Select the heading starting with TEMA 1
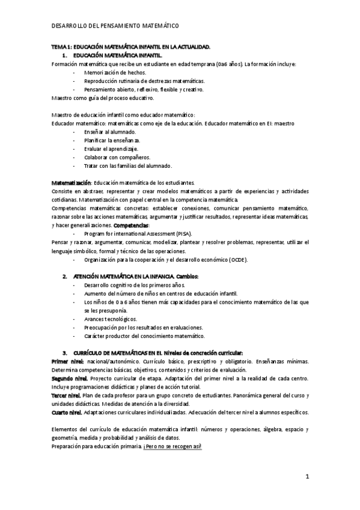pos(130,46)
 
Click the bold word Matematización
pos(71,182)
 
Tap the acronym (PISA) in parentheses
pos(166,233)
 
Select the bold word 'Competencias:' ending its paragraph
pos(129,224)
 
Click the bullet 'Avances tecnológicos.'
pos(111,319)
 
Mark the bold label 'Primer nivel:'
pos(67,361)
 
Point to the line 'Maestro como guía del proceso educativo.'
pos(103,97)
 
